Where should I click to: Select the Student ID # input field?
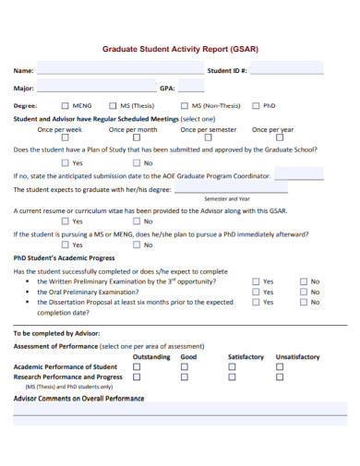tap(286, 69)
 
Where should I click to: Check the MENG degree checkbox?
tap(66, 105)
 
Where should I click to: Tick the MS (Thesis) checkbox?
tap(113, 105)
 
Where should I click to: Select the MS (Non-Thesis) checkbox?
tap(184, 105)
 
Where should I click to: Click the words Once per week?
tap(59, 130)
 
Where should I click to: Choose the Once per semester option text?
tap(210, 130)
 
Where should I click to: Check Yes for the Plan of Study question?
tap(66, 162)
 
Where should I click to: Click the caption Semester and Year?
tap(227, 198)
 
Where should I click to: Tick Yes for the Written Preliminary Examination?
tap(256, 281)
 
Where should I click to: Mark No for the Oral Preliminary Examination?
tap(303, 292)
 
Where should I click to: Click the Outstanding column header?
tap(151, 356)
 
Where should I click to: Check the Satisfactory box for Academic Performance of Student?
tap(232, 366)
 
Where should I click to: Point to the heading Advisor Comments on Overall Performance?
tap(78, 399)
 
